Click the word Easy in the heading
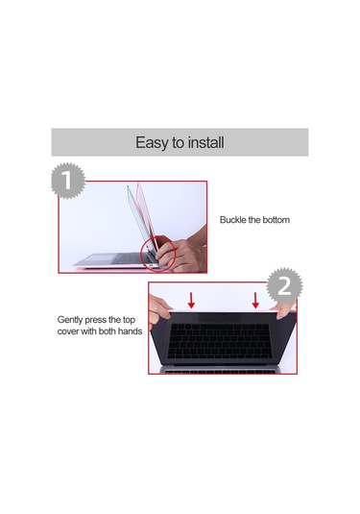click(x=153, y=142)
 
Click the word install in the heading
click(x=205, y=142)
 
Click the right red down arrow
click(x=254, y=299)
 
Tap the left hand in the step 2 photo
click(x=163, y=310)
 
